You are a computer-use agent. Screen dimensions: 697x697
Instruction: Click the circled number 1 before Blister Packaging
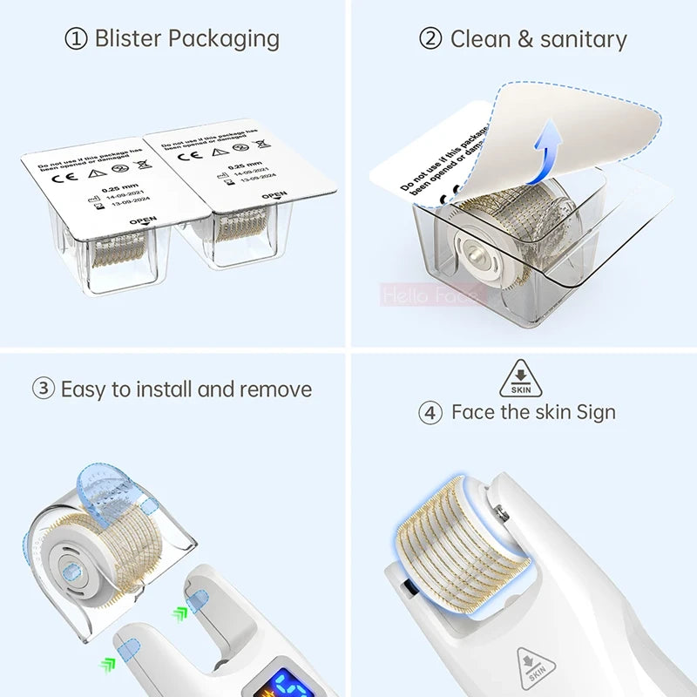[x=78, y=39]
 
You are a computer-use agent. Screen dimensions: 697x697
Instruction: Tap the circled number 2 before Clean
[x=430, y=39]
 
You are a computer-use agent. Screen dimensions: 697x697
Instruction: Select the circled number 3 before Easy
[x=44, y=389]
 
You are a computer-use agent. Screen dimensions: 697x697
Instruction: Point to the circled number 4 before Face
[x=430, y=412]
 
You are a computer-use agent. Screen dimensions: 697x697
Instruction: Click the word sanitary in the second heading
[x=583, y=39]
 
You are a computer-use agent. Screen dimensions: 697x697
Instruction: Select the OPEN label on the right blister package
[x=274, y=196]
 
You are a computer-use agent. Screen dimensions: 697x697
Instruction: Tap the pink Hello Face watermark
[x=430, y=295]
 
